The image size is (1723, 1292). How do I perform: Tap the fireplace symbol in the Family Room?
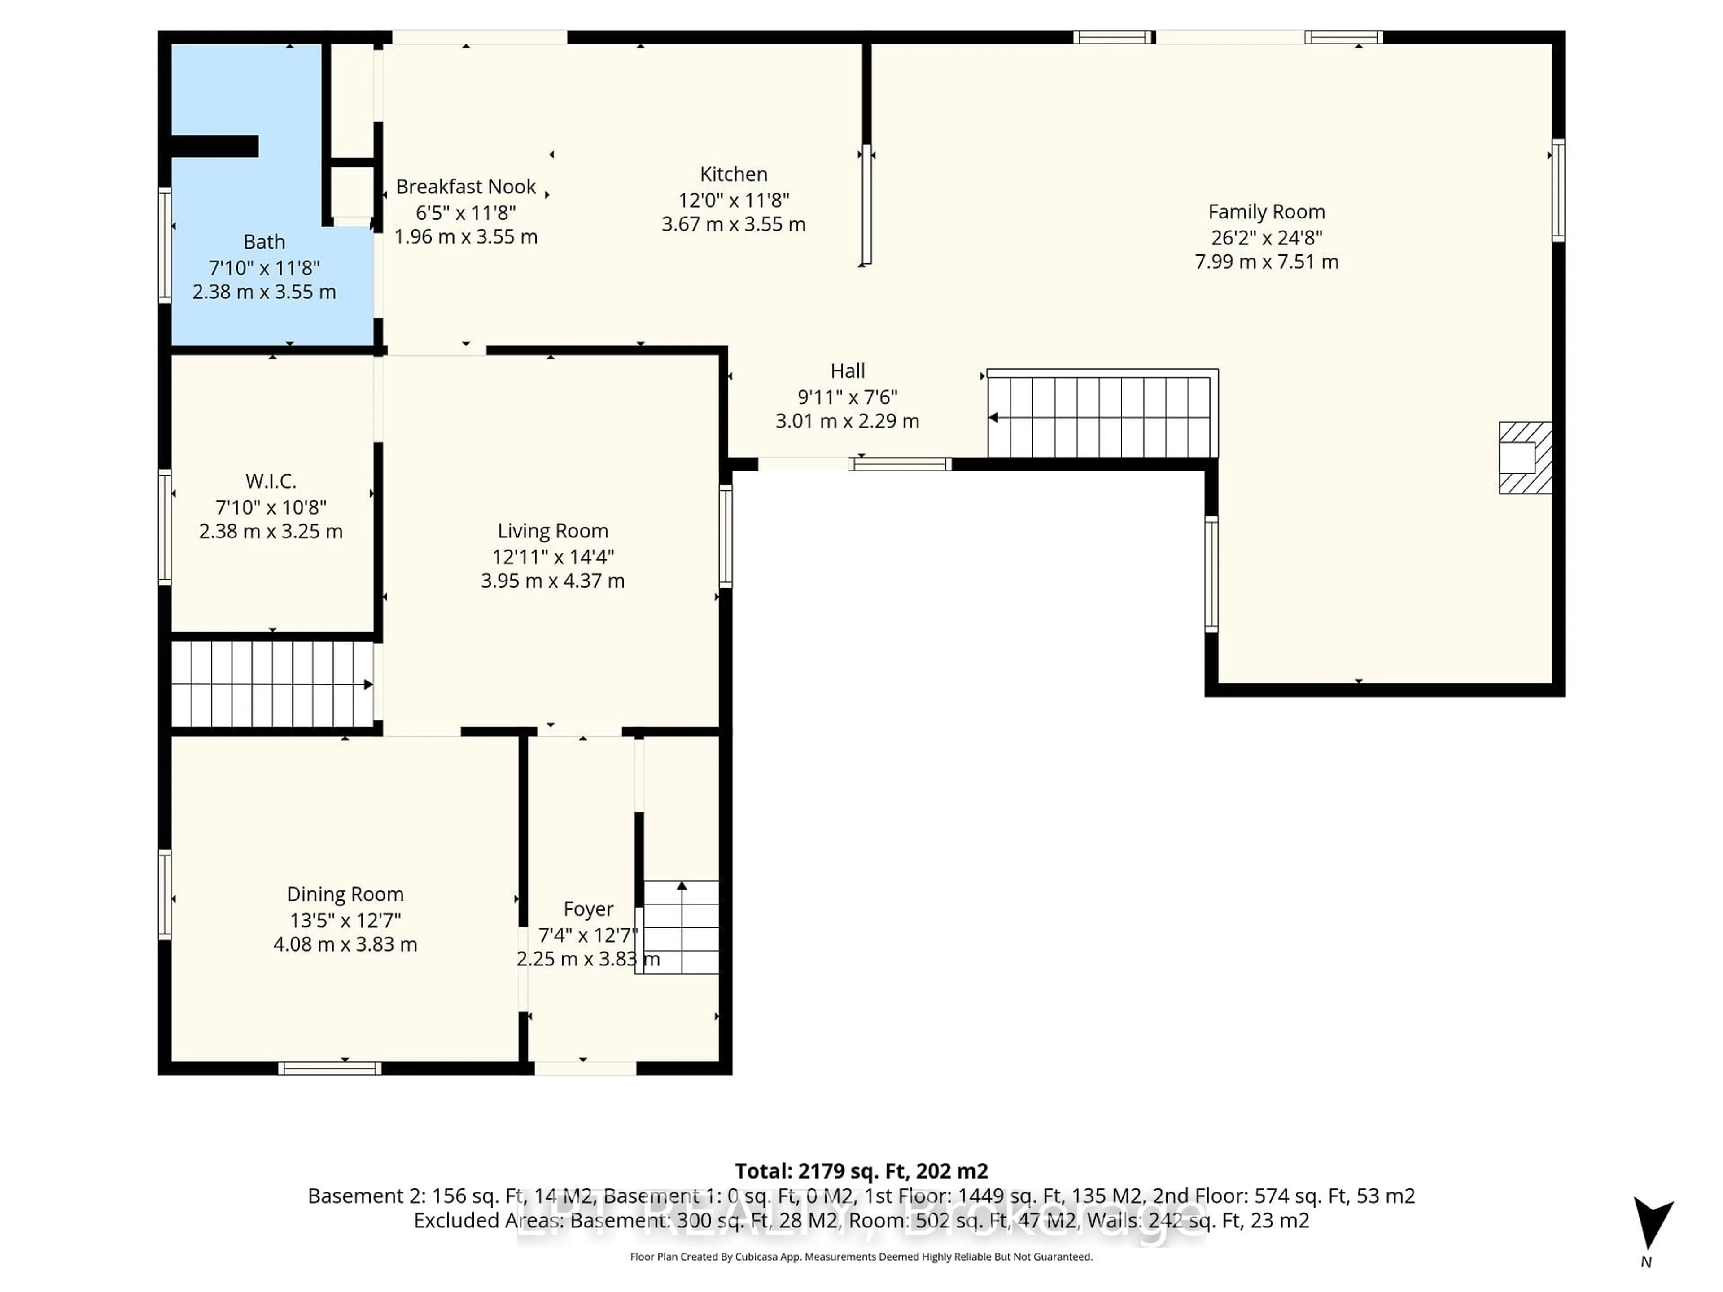1524,458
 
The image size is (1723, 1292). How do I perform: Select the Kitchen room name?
733,175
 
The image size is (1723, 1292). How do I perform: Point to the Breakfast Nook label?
466,187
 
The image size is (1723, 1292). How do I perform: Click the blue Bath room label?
264,242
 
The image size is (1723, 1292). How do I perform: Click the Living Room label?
552,531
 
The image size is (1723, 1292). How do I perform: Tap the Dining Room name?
345,894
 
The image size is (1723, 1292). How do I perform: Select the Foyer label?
588,909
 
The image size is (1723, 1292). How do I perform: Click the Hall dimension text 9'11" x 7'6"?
848,397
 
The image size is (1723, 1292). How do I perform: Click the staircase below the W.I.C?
271,684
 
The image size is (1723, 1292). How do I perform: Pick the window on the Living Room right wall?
725,536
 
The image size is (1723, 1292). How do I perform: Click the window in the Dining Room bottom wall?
329,1069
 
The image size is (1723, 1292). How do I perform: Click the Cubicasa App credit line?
861,1257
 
